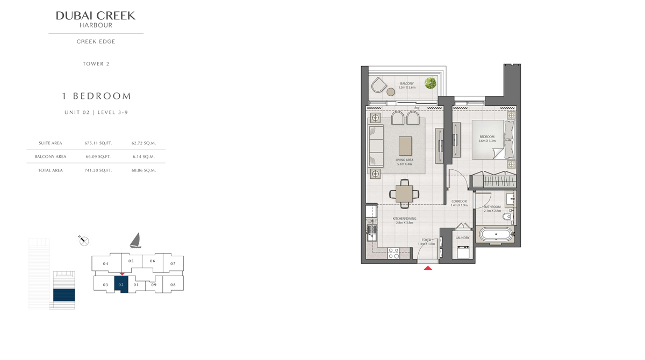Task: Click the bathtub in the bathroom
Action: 496,234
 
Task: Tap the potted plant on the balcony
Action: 430,83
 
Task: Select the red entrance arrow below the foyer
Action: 428,268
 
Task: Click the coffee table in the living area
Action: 405,146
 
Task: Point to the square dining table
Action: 404,193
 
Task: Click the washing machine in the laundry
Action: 463,251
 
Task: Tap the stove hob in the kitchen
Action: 393,253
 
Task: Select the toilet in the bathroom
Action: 508,217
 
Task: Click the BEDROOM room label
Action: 487,136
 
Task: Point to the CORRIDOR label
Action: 459,201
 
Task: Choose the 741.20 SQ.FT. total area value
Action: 98,170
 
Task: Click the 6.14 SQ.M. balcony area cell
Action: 144,156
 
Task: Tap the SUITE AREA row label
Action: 51,143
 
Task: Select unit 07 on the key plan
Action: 173,263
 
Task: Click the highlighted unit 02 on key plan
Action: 121,284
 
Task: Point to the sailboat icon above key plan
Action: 135,240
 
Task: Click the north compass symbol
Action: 84,241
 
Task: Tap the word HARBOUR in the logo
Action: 96,25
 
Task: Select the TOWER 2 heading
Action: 96,64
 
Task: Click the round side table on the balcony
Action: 391,92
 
